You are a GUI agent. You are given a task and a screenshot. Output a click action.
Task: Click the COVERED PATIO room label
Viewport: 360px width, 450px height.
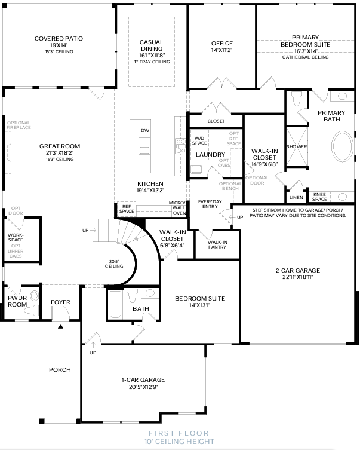pos(59,39)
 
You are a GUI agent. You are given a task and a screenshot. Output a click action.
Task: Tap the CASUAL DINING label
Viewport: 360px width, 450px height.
pos(152,45)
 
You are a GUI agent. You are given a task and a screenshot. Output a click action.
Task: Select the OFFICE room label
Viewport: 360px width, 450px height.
pos(221,44)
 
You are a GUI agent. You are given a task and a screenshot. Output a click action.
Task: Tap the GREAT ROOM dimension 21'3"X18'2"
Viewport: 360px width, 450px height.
pos(59,153)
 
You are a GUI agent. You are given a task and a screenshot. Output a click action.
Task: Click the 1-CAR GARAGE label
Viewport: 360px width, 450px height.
pos(143,379)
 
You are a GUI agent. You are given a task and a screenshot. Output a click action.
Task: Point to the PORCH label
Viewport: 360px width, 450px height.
pos(60,370)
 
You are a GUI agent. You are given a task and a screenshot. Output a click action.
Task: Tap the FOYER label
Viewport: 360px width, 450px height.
pos(60,302)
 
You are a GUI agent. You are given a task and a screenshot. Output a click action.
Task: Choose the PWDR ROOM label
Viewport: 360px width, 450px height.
pos(17,301)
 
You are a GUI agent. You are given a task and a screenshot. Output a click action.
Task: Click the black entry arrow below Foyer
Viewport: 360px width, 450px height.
pos(60,326)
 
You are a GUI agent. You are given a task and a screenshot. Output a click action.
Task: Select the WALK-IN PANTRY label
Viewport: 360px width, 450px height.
pos(217,244)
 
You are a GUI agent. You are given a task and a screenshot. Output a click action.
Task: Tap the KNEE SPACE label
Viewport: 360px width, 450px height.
pos(320,197)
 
